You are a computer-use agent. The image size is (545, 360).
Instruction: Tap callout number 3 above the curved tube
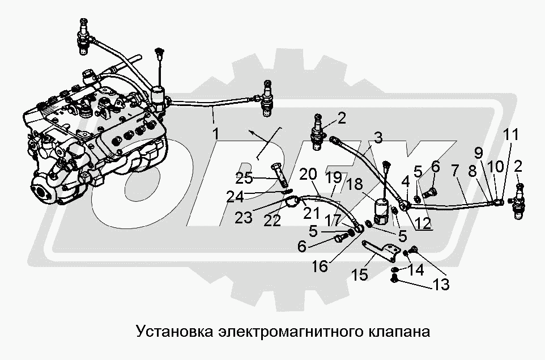pyautogui.click(x=378, y=138)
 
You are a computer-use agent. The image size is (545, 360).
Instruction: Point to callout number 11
pyautogui.click(x=511, y=135)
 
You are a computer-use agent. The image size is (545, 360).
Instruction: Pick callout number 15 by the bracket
pyautogui.click(x=360, y=275)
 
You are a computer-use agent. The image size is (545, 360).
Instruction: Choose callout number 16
pyautogui.click(x=320, y=266)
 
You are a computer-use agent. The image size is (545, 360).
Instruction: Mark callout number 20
pyautogui.click(x=309, y=173)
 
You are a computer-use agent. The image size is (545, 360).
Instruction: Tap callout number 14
pyautogui.click(x=416, y=271)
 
